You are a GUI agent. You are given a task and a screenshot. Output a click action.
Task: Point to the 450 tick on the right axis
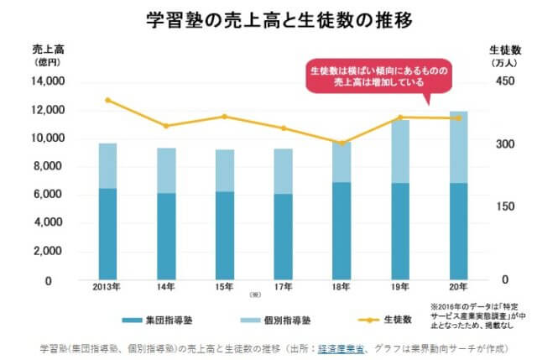tap(493, 82)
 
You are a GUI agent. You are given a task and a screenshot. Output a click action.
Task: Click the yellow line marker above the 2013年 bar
tap(107, 101)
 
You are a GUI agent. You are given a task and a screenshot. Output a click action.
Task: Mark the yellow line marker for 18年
tap(341, 143)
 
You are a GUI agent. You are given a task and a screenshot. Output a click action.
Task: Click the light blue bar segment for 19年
tap(401, 151)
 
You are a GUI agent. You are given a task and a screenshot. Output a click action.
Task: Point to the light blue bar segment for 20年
tap(459, 147)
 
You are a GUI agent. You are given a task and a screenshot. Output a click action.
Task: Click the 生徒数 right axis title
tap(502, 49)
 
